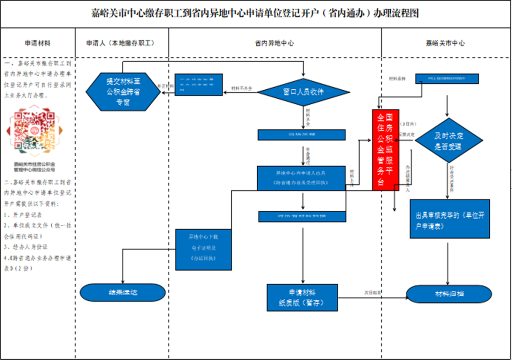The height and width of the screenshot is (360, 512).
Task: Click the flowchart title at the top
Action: point(255,14)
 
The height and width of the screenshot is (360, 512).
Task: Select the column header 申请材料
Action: point(38,43)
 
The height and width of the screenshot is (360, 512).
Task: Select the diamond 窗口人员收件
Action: point(303,92)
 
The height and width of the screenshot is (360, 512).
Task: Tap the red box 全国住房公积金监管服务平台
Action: point(385,149)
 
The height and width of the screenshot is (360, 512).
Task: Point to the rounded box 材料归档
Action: point(447,294)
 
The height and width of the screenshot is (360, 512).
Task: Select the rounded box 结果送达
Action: point(123,293)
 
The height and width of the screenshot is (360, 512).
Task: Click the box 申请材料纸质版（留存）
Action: point(302,298)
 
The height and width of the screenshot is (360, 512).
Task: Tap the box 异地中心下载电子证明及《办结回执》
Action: point(204,249)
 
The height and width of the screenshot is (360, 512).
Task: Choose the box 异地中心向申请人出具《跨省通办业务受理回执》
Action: point(301,178)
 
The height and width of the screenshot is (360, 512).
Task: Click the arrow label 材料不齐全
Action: point(242,88)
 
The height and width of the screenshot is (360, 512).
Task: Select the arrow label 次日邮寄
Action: point(372,293)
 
